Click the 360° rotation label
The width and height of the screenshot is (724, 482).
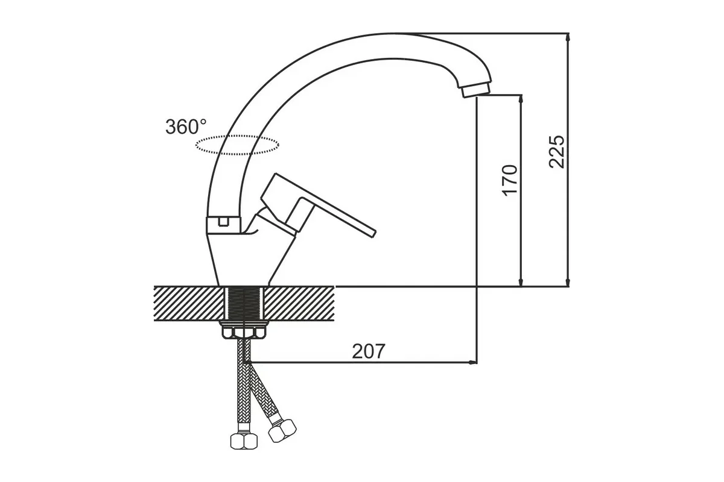pos(186,127)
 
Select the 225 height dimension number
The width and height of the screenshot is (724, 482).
pos(556,152)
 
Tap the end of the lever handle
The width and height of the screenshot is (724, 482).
pos(373,234)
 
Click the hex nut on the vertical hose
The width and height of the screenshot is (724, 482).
pos(244,440)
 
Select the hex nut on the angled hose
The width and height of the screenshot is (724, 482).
pos(282,431)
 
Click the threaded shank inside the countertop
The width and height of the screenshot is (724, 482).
pos(244,304)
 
